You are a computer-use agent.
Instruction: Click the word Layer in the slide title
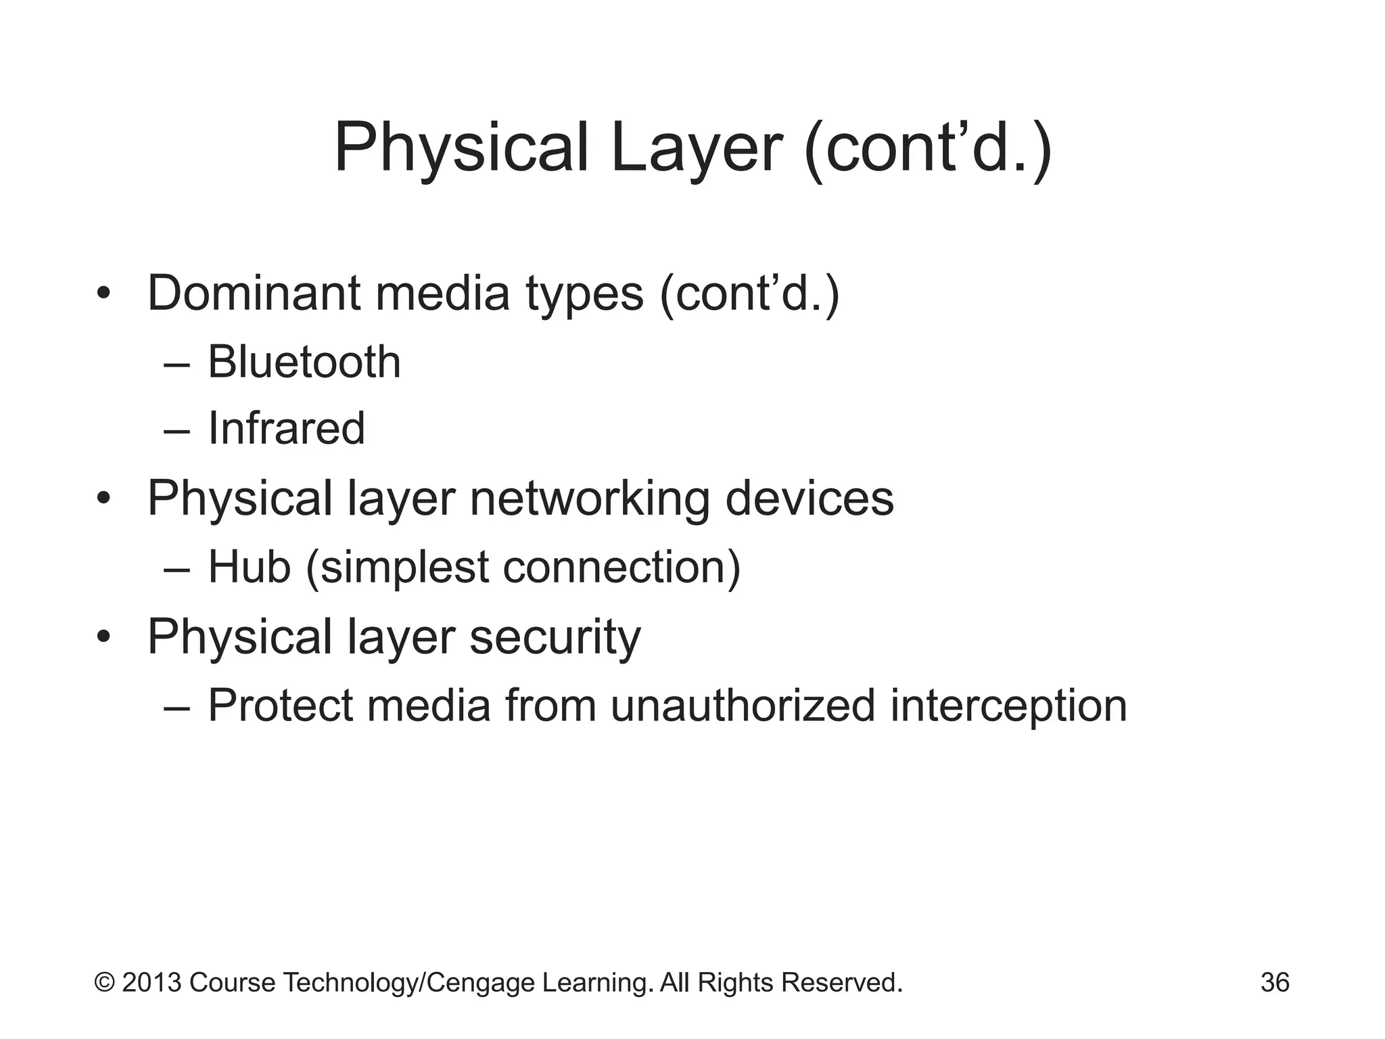(696, 148)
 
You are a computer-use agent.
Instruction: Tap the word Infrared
(286, 428)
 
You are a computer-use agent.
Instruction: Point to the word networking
(589, 499)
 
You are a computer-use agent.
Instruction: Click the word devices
(809, 499)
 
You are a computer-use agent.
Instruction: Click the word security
(555, 637)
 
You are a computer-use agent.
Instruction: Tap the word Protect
(281, 705)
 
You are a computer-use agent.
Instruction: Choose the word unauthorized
(743, 705)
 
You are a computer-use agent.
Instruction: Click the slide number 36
(1275, 982)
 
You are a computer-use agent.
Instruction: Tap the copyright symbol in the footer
(104, 982)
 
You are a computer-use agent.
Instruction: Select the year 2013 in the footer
(151, 982)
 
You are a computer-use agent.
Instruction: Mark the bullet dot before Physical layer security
(103, 637)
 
